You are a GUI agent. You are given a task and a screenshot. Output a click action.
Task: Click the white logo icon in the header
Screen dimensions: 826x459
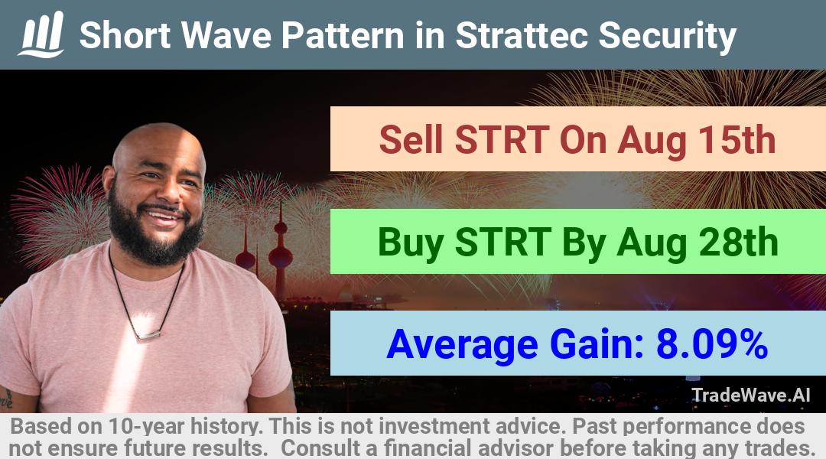(41, 34)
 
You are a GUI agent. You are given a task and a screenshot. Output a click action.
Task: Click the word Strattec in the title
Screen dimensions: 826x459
(522, 35)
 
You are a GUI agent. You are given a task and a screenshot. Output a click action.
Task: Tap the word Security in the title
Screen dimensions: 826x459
(668, 37)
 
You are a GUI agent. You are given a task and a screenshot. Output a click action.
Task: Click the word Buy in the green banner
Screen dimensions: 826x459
(411, 243)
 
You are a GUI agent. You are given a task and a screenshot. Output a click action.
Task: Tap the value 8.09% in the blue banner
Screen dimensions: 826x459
(712, 344)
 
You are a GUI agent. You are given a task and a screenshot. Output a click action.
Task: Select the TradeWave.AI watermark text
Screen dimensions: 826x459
(751, 395)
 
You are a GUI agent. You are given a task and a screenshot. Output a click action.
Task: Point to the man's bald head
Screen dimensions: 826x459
(158, 145)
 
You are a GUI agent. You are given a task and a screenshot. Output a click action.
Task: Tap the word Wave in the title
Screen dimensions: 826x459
(226, 35)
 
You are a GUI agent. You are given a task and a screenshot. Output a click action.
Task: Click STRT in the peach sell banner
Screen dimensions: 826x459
(502, 140)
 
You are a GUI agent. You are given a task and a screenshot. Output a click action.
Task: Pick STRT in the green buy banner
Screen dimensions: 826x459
(503, 243)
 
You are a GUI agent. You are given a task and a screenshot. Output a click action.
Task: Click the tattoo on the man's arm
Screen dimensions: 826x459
(6, 399)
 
